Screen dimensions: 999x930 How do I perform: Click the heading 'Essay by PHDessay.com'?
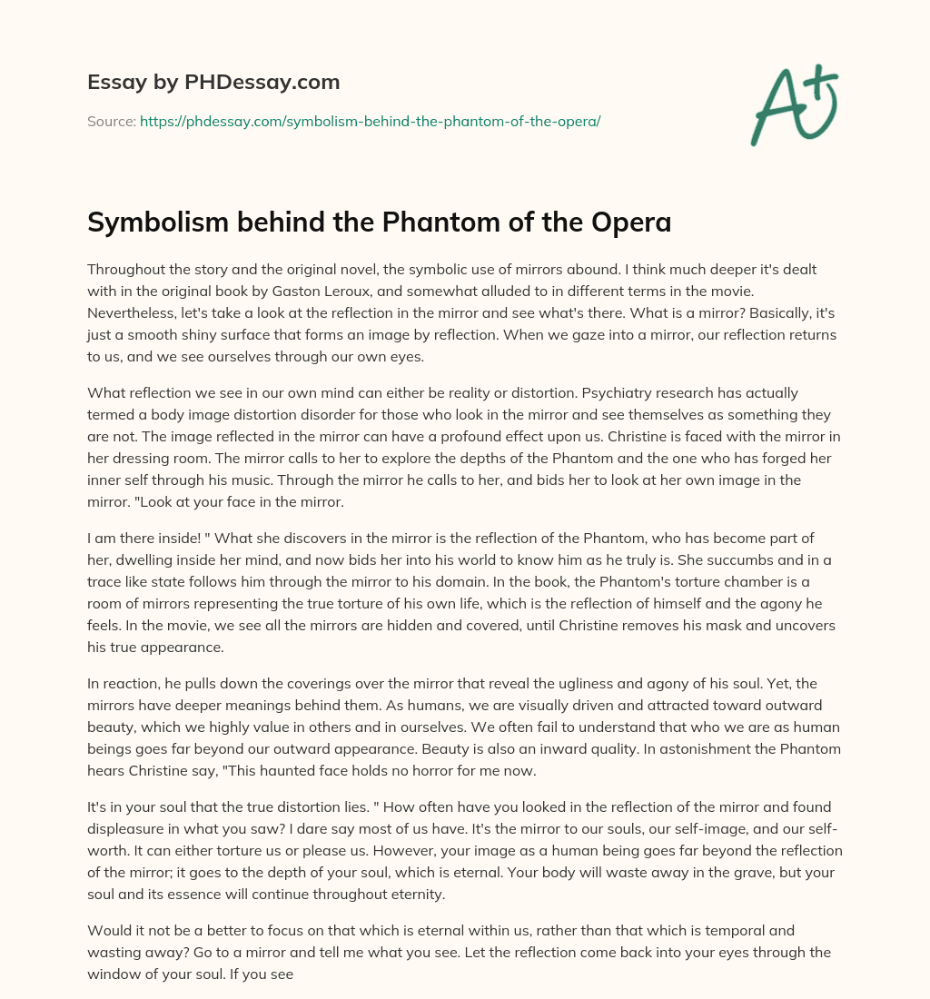[213, 82]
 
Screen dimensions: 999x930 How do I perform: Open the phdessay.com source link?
[370, 120]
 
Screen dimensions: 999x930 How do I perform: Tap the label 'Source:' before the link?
[111, 120]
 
